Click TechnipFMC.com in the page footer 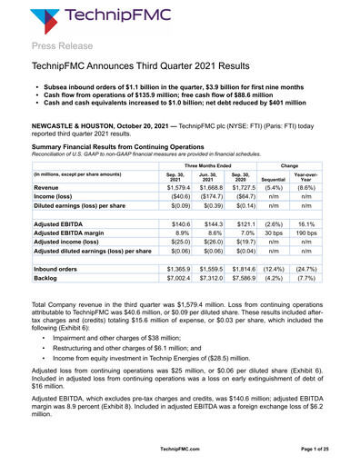click(180, 450)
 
